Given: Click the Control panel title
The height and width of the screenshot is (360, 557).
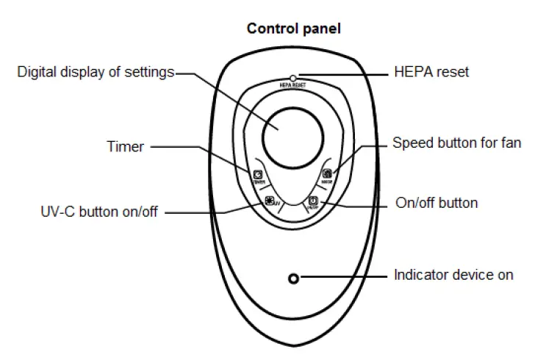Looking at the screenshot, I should (x=293, y=29).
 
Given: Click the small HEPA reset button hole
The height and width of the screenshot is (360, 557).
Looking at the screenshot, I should (x=293, y=77).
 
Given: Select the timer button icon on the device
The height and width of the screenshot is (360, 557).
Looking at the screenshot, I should (x=258, y=175).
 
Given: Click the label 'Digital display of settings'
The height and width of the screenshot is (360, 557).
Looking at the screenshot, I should (x=96, y=72).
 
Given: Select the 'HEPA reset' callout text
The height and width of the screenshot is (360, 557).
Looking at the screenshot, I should (x=431, y=72).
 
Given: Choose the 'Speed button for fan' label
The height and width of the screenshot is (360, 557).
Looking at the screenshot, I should (x=456, y=143).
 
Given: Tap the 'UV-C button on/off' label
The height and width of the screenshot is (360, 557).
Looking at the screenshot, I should (x=99, y=212).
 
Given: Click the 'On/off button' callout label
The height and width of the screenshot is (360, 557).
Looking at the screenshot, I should (x=436, y=202).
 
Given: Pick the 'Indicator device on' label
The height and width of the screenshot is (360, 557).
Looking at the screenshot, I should (x=453, y=276).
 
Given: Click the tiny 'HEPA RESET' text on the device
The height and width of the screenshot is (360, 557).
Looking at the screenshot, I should (x=293, y=85).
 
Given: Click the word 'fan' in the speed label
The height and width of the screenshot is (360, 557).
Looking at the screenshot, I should (x=510, y=143).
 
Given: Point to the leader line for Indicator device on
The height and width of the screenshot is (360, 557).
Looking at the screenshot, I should (x=345, y=278).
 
